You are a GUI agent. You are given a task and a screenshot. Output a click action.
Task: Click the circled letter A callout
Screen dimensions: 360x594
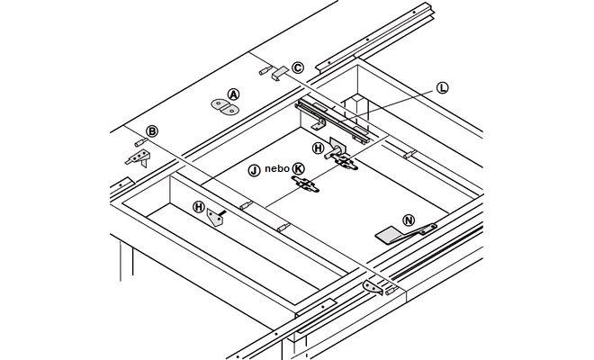[x=233, y=94]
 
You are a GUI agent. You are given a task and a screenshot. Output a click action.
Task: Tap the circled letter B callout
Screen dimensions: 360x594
[x=152, y=131]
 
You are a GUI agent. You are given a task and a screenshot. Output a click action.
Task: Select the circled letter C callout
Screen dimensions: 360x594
[x=298, y=67]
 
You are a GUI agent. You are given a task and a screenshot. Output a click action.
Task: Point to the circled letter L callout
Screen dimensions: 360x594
[x=442, y=87]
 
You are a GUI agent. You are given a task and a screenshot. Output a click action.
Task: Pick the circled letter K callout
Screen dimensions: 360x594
[x=299, y=168]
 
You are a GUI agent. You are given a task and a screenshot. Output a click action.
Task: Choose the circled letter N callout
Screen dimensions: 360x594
[x=409, y=220]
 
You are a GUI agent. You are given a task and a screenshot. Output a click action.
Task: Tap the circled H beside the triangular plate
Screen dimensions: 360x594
[x=198, y=207]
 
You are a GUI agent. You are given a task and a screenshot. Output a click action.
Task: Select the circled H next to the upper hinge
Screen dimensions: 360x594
[x=318, y=148]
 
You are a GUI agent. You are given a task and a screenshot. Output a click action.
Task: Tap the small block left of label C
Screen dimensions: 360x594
[x=277, y=71]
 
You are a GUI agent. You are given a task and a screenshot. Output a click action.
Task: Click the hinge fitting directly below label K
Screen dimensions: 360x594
[x=306, y=184]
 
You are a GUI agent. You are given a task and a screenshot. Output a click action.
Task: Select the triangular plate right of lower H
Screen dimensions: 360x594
[x=216, y=217]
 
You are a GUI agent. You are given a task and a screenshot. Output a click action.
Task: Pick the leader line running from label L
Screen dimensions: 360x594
[x=396, y=100]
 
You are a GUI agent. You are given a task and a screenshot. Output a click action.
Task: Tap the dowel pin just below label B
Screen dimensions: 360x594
[x=141, y=143]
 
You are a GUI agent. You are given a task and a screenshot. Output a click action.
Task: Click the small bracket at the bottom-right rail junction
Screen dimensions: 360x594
[x=372, y=287]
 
